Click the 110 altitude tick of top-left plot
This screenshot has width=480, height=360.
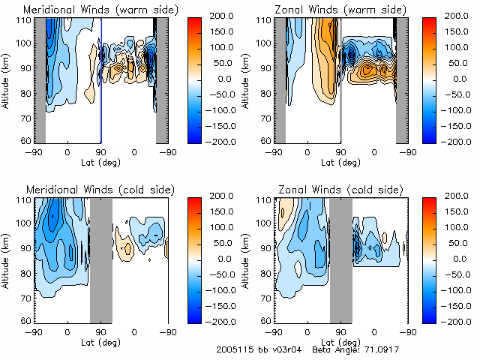tap(25, 20)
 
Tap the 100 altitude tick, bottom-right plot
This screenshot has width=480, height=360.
tap(265, 223)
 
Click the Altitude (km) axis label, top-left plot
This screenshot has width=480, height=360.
tap(7, 80)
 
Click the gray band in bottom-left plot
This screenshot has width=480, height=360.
tap(100, 259)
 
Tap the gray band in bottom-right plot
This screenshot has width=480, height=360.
tap(340, 259)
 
